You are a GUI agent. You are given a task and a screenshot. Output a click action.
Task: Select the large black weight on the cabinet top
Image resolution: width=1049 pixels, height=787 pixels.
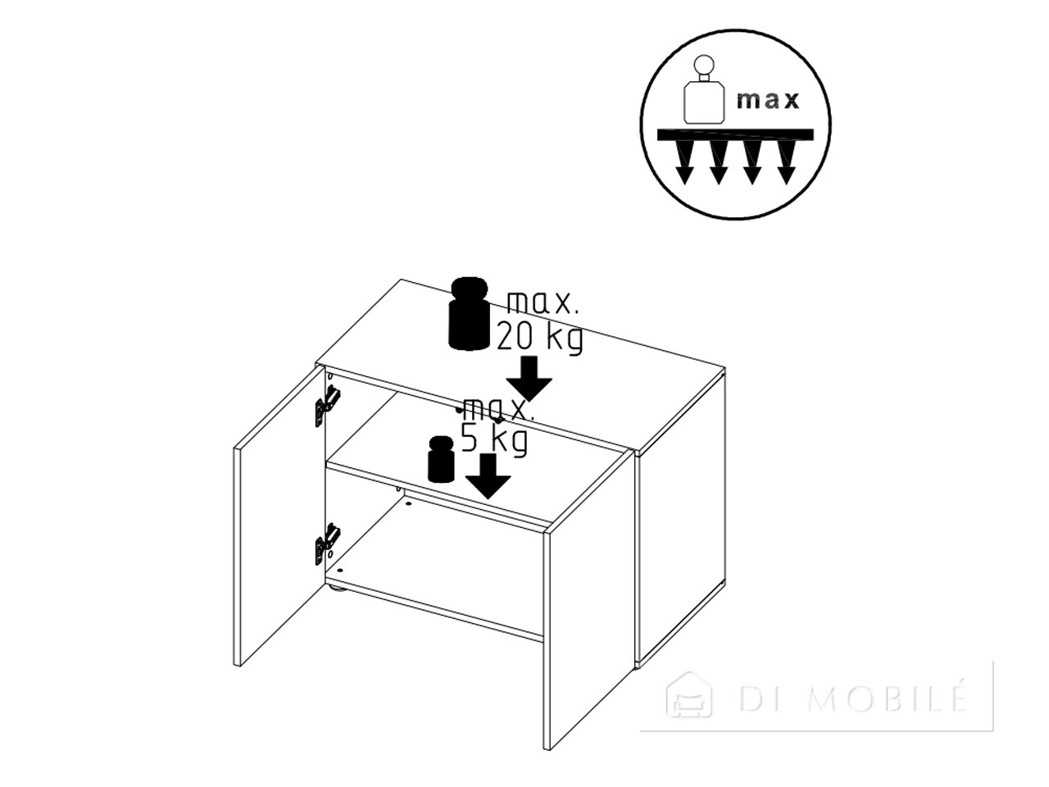pos(470,313)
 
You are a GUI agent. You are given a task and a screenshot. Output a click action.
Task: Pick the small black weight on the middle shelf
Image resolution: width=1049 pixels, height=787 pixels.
pos(441,459)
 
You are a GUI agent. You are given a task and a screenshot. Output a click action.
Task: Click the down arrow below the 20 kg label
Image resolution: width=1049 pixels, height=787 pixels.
pos(529,378)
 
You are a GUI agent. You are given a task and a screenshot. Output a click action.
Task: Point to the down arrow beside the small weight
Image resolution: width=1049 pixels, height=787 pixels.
pos(488,476)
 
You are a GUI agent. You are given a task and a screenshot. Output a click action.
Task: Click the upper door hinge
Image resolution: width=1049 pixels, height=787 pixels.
pos(327,406)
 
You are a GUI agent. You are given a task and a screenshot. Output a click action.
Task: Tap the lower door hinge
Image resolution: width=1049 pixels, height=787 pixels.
pos(327,544)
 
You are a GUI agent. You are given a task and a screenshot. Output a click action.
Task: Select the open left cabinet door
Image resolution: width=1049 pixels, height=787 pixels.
pos(279,515)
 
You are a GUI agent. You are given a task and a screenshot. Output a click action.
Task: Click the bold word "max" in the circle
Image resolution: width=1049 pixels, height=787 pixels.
pos(768,100)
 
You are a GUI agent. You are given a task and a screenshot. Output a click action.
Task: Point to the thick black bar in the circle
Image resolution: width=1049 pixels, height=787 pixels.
pos(735,134)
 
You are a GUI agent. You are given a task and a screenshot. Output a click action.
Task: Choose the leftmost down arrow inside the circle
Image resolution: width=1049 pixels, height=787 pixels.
pos(686,163)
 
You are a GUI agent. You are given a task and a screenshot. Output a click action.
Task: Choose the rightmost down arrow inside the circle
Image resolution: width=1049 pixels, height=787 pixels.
pos(786,163)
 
